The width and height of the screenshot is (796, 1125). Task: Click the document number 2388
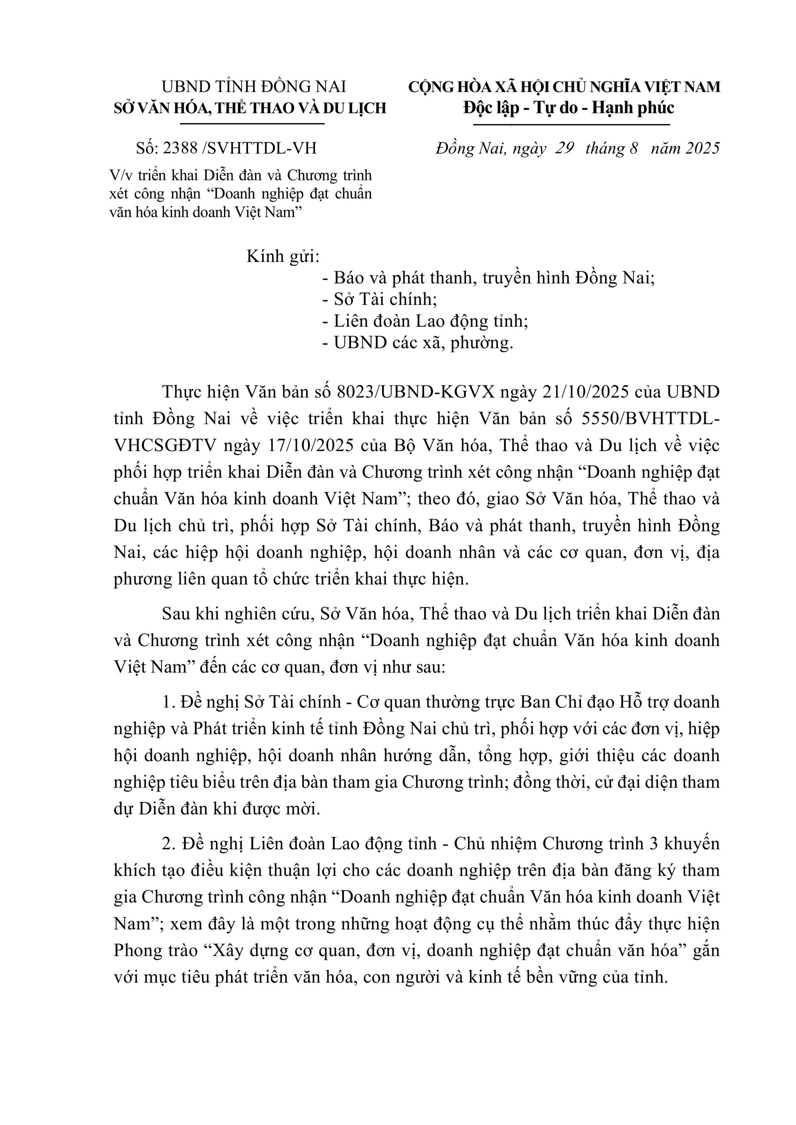180,148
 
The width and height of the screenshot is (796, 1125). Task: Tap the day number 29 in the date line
564,148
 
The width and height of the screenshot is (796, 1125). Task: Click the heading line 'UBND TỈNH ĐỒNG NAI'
254,87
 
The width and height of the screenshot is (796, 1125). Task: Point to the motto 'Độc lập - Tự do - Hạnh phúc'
569,108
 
